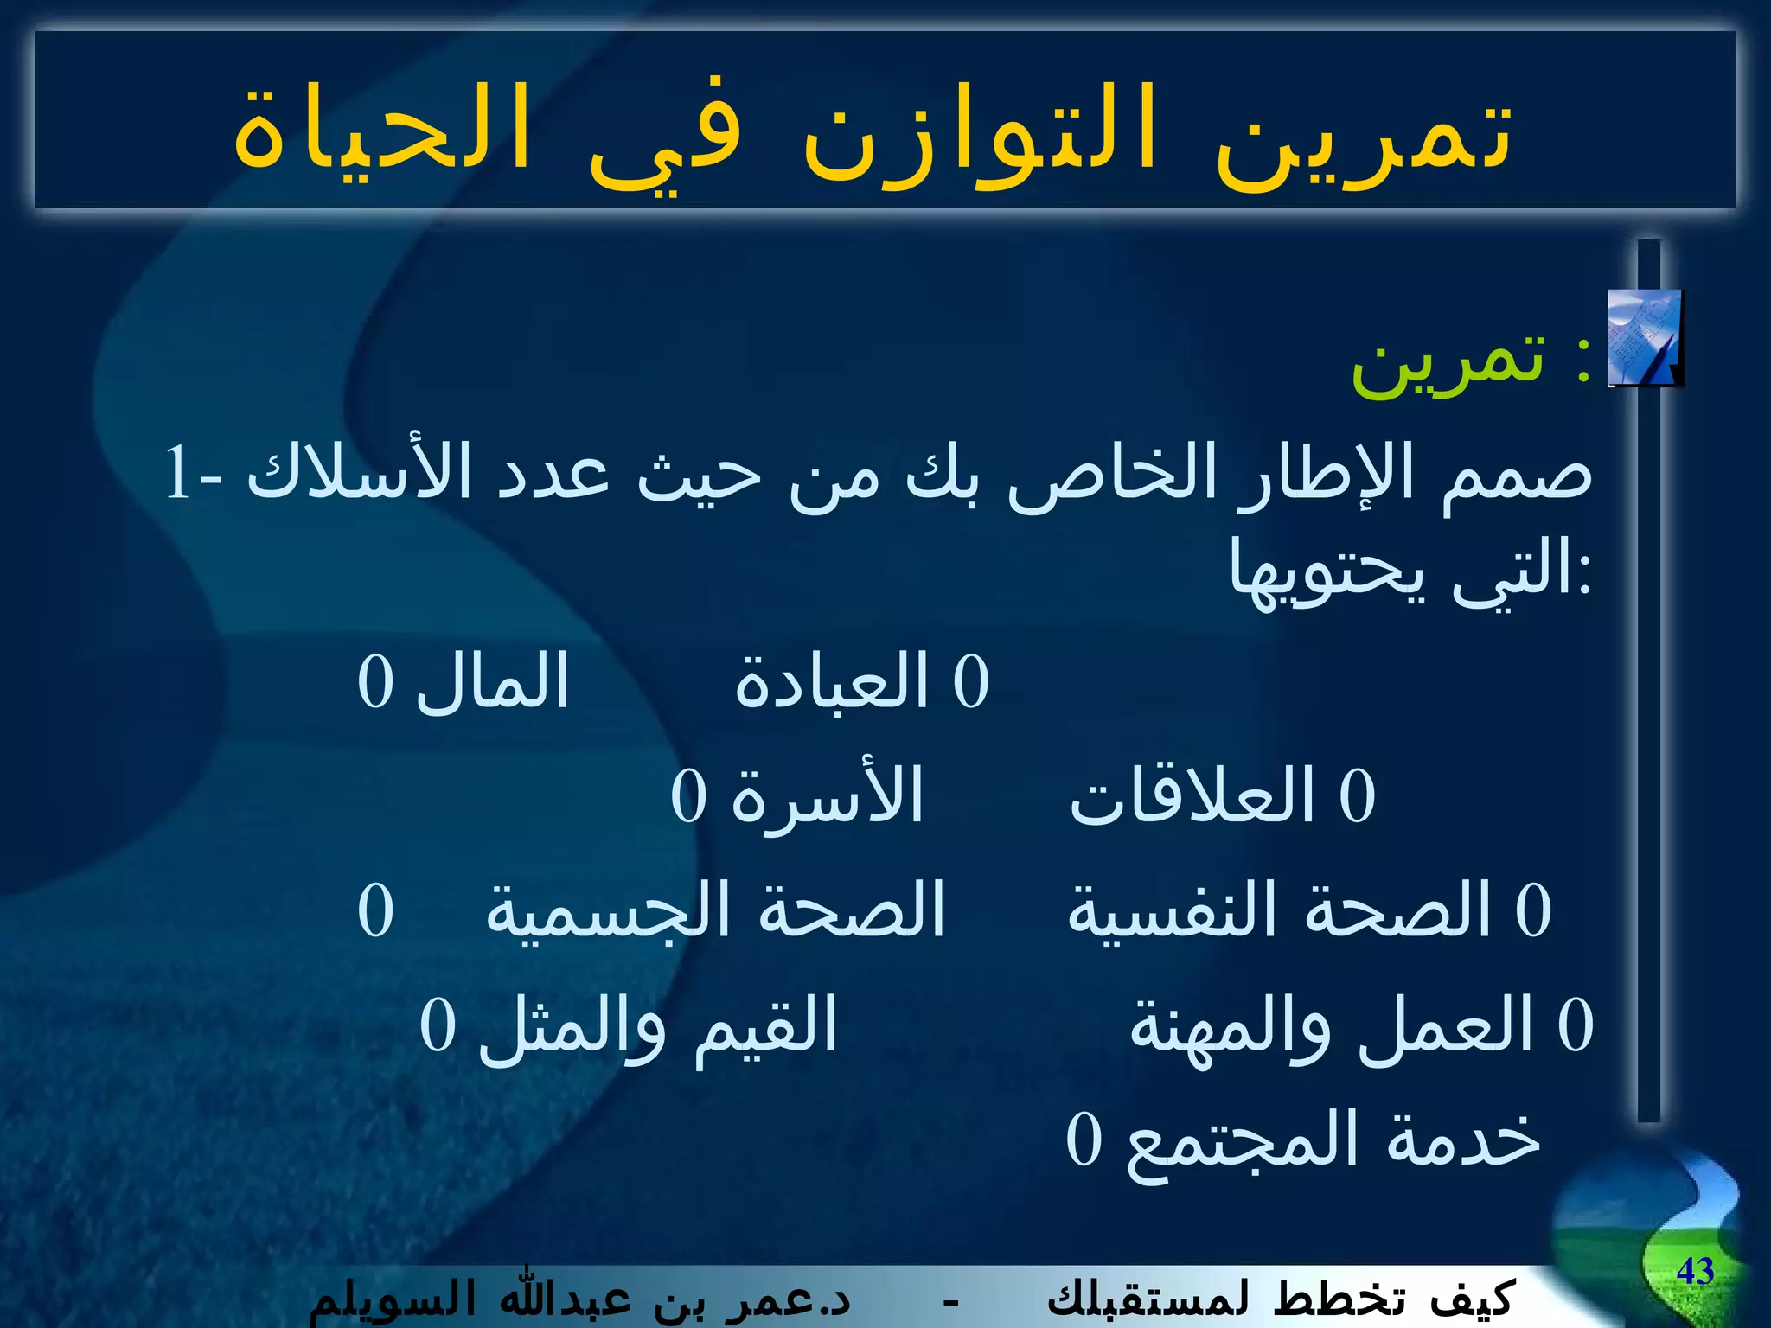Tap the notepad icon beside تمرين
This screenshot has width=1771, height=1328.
(x=1644, y=338)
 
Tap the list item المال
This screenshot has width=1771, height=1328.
(x=493, y=681)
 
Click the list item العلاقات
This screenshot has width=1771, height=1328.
(x=1192, y=795)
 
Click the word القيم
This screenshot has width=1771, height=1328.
(x=765, y=1025)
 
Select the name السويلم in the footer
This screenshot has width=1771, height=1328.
(x=380, y=1299)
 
